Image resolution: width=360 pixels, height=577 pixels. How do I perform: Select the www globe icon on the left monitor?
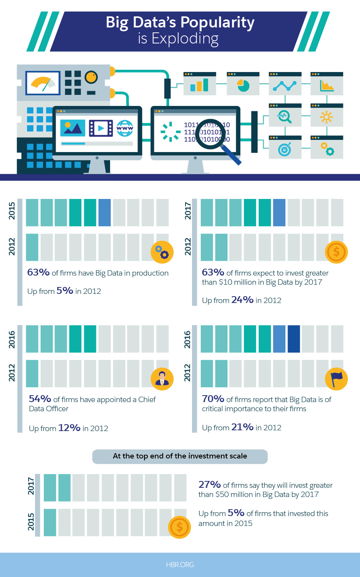coord(125,128)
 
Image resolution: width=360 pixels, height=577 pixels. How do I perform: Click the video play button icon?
coord(101,128)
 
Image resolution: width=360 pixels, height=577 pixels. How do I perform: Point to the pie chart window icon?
coord(243,85)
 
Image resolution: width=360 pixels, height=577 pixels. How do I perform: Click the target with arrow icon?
coord(285,149)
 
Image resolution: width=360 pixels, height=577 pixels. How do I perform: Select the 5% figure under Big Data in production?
coord(65,291)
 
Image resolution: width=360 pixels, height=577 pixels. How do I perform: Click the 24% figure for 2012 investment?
coord(242,300)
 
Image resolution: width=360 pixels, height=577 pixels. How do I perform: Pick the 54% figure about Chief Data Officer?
coord(40,399)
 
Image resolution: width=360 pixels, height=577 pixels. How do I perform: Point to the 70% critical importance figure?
coord(213,399)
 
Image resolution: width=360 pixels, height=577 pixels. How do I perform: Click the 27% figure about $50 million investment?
coord(210,485)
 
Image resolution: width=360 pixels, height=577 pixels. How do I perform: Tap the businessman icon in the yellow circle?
coord(162,379)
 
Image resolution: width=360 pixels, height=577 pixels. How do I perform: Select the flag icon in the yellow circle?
coord(336,379)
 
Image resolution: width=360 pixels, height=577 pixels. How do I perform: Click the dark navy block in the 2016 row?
coord(294,339)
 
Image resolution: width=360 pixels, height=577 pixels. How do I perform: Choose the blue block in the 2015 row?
coord(104,213)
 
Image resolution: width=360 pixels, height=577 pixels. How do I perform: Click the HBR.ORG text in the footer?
coord(180,565)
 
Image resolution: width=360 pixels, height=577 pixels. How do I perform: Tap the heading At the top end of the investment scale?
coord(180,456)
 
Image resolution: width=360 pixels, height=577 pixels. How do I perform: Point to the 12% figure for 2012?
coord(69,428)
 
